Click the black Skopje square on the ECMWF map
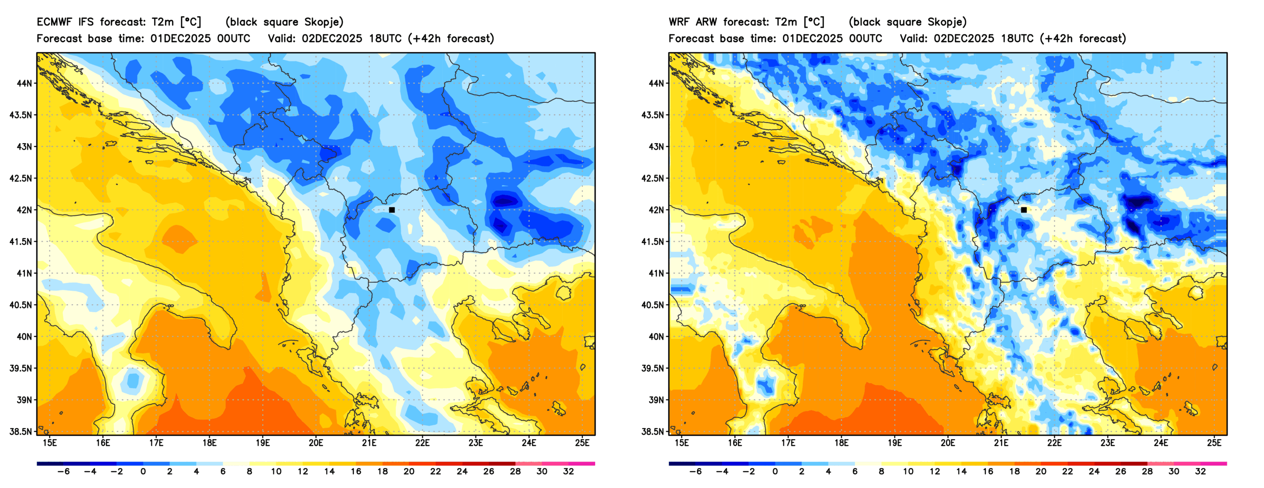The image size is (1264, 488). (x=392, y=210)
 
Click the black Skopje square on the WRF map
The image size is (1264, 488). (x=1024, y=210)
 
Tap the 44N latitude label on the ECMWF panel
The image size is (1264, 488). (x=24, y=83)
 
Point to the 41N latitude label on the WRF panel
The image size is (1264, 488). (x=656, y=273)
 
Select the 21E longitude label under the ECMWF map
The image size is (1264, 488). (x=369, y=443)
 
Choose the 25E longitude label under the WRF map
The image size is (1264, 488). (x=1214, y=443)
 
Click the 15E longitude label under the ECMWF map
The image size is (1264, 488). (x=50, y=443)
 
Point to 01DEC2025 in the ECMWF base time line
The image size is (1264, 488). (x=180, y=39)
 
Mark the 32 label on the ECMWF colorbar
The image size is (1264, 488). (x=568, y=472)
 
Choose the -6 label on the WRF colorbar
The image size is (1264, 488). (x=695, y=472)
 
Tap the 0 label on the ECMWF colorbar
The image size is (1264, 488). (x=143, y=472)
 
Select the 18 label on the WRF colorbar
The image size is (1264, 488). (x=1014, y=472)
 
